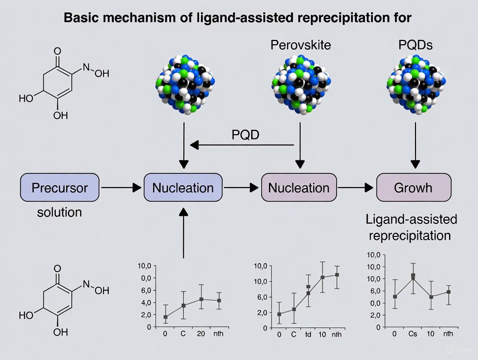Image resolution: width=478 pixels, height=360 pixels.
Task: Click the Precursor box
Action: tap(60, 187)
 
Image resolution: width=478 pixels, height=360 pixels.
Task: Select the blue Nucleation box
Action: tap(183, 187)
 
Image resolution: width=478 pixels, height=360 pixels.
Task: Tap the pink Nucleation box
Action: tap(299, 187)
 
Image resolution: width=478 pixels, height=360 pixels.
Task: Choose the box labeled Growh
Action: tap(413, 187)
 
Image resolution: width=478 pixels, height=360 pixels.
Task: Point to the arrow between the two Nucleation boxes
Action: tap(242, 187)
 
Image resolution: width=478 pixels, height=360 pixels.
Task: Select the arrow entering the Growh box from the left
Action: tap(356, 187)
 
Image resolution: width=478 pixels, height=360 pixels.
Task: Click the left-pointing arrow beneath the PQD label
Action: tap(242, 145)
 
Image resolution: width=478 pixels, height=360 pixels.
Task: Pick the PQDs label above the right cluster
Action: tap(415, 46)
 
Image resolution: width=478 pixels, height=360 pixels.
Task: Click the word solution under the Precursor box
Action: tap(59, 212)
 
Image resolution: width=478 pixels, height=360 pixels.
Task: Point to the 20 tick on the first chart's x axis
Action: tap(201, 334)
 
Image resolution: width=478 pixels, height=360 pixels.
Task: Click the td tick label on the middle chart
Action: tap(308, 334)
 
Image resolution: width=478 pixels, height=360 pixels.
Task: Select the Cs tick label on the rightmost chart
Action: tap(413, 334)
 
